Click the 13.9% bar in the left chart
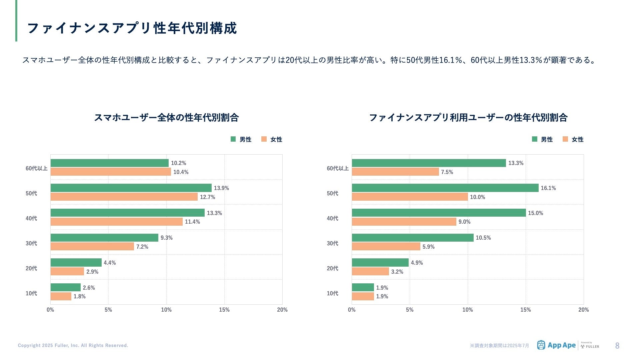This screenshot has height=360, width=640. point(131,188)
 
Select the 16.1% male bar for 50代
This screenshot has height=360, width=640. point(445,188)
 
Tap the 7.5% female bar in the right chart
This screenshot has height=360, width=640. point(395,172)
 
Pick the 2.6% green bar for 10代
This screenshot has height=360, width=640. point(66,287)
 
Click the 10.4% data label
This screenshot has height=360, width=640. point(181,172)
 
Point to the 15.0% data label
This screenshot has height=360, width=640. point(535,213)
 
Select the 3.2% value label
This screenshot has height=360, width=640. point(397,272)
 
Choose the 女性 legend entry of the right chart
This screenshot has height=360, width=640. point(573,139)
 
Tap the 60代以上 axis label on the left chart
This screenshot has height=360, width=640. point(36,168)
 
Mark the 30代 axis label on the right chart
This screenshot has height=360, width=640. point(332,243)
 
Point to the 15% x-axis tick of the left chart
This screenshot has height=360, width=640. point(224,310)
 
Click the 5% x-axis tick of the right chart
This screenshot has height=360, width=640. point(410,310)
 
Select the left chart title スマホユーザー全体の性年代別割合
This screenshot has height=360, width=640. point(166,117)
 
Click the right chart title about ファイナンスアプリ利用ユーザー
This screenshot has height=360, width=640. point(468,117)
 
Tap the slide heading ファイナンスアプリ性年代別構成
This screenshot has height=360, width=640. point(132,28)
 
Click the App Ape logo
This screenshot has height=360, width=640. point(556,345)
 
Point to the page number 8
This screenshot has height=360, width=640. point(617,346)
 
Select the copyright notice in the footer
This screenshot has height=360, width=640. point(73,345)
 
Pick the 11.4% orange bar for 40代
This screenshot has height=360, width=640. point(117,222)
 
